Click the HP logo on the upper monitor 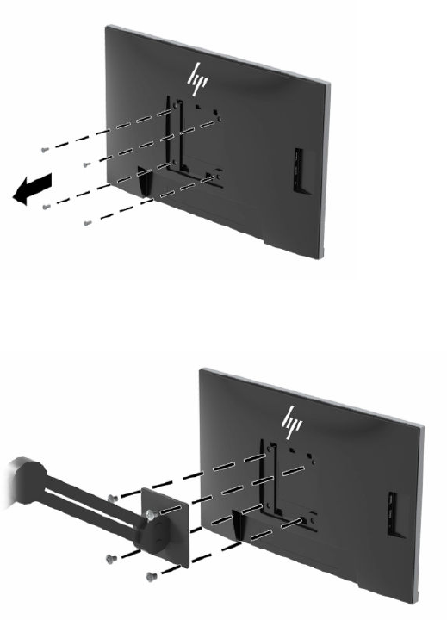tap(197, 79)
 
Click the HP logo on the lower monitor tap(291, 422)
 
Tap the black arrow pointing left tap(32, 189)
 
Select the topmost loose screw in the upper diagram tap(45, 150)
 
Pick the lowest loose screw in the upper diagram tap(88, 223)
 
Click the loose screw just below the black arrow tap(47, 207)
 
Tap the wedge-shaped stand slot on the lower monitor tap(239, 524)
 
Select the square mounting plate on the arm tap(166, 528)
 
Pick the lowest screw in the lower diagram tap(151, 577)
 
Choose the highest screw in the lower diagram tap(113, 499)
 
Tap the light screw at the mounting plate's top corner tap(151, 515)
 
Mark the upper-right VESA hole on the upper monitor tap(220, 119)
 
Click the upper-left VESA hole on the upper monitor tap(175, 106)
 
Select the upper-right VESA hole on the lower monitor tap(314, 462)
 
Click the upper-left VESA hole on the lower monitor tap(269, 449)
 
